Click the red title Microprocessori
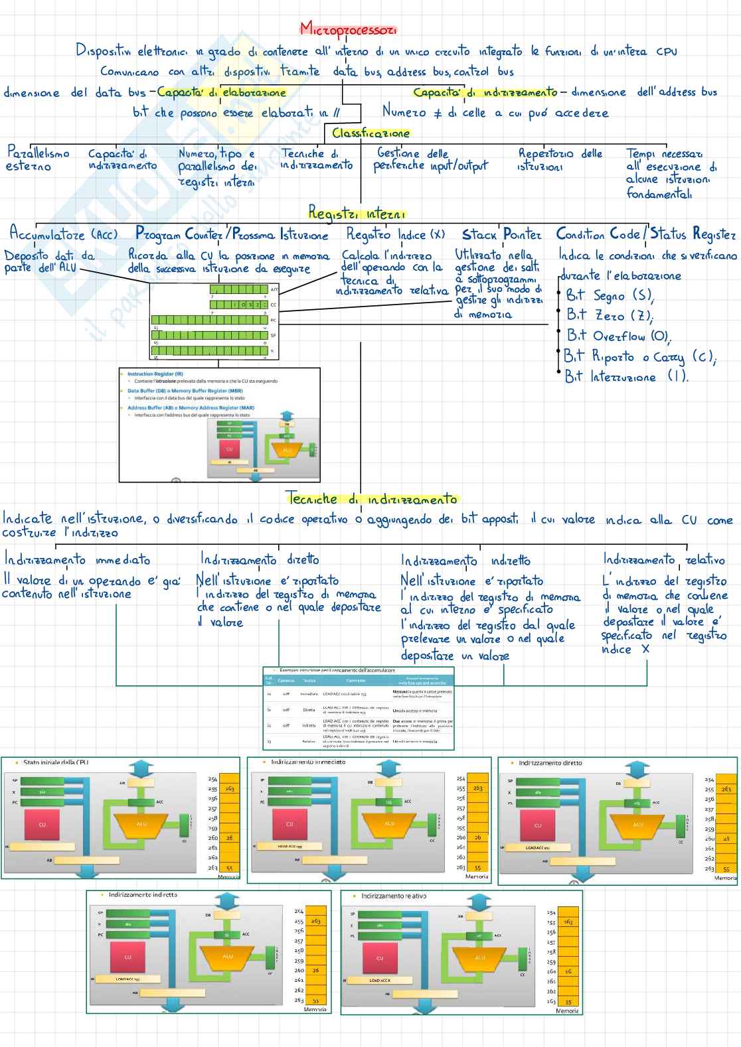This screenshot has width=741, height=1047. [x=348, y=29]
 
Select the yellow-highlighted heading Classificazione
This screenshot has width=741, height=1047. [x=370, y=133]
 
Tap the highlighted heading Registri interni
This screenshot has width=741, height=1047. [x=356, y=213]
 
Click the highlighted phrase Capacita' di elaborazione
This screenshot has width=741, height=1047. [x=221, y=92]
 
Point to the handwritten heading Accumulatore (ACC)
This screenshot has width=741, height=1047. [x=63, y=234]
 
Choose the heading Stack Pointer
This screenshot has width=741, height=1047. [x=501, y=234]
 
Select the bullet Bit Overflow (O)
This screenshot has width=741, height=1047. [x=617, y=336]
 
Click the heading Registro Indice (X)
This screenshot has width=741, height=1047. [x=395, y=234]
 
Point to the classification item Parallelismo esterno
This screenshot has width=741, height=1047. [x=37, y=159]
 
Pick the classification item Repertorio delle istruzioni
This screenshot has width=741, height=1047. [x=560, y=160]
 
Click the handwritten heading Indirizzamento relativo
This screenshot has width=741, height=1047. [x=663, y=559]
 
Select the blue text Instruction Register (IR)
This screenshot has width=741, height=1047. [x=155, y=374]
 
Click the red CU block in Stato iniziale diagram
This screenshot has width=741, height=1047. [x=42, y=825]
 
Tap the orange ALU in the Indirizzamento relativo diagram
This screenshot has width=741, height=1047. [x=480, y=958]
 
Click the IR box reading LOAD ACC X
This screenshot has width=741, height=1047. [x=380, y=980]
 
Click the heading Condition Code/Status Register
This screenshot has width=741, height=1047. [x=645, y=234]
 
